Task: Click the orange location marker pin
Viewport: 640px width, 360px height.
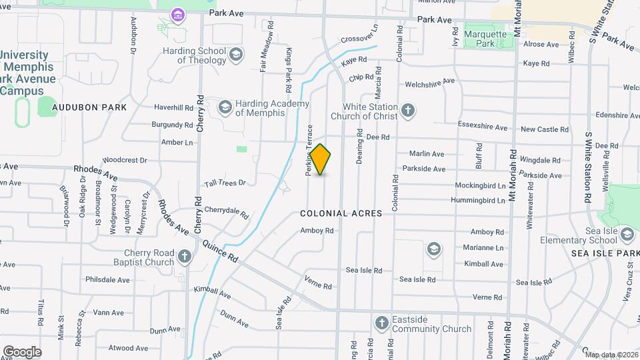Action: (321, 159)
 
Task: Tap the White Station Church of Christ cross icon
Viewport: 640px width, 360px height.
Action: (408, 110)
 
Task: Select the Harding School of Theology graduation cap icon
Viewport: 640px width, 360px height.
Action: (235, 54)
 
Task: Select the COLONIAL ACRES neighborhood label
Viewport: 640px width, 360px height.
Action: (341, 213)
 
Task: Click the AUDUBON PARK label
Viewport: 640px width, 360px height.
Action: (89, 107)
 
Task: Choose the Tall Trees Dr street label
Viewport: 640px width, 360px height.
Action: (225, 183)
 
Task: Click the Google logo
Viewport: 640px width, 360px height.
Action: (22, 352)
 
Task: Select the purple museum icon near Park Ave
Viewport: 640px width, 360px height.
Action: (177, 13)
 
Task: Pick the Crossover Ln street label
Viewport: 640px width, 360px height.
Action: (359, 35)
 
